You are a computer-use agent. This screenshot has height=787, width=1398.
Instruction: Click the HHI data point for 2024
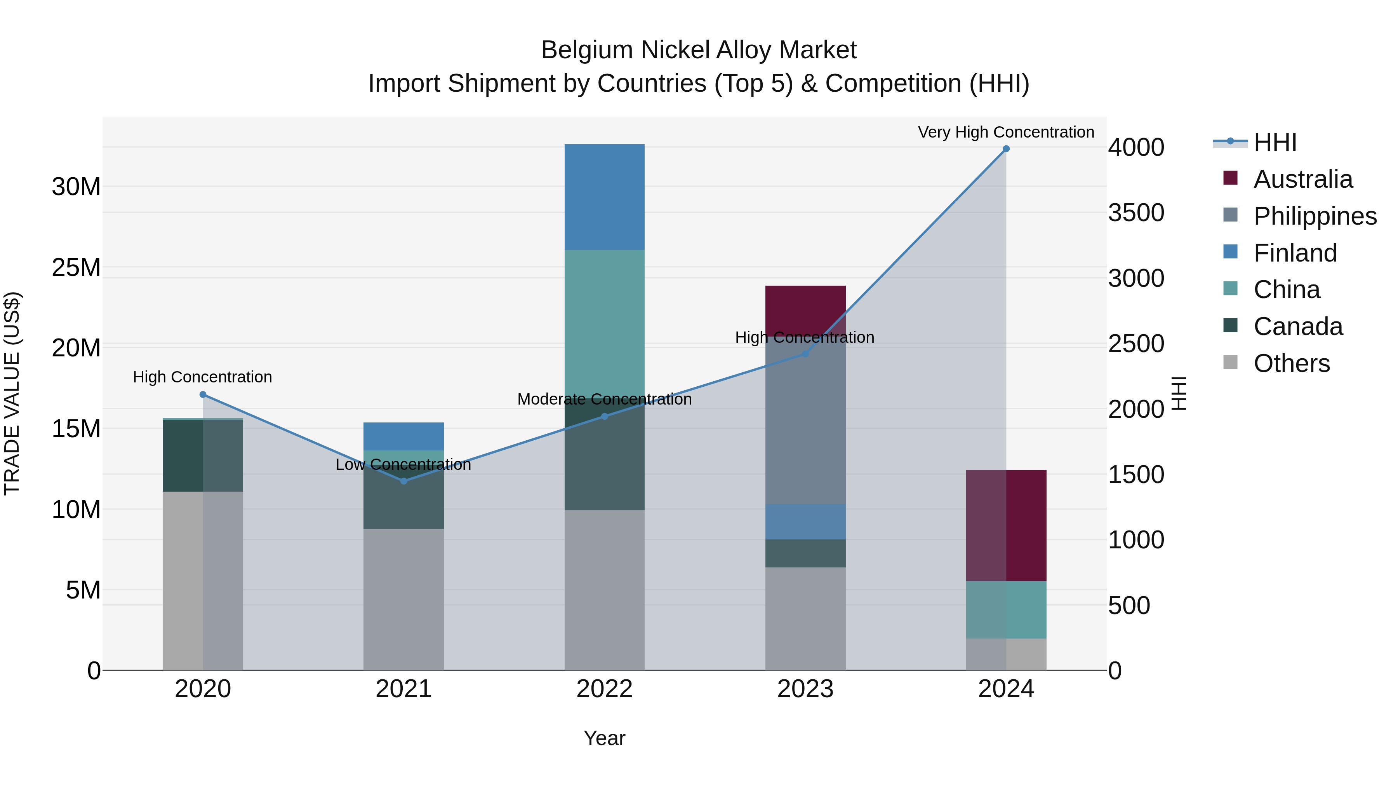pos(1006,149)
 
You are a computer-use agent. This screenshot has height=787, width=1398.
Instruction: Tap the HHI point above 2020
pos(203,394)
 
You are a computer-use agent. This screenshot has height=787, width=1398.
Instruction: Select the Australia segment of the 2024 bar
pos(1006,525)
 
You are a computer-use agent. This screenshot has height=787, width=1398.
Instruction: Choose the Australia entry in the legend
pos(1302,179)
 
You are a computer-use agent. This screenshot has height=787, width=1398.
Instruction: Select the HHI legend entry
pos(1275,142)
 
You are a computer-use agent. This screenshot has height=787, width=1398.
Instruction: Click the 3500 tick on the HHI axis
pos(1136,213)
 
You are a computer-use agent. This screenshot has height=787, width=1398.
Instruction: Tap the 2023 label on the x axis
pos(805,689)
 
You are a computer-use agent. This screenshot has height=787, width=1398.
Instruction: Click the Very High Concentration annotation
pos(1006,132)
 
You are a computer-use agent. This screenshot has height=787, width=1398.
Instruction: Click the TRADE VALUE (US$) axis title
pos(12,393)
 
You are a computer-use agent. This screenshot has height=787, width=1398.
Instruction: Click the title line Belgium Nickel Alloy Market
pos(699,50)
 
